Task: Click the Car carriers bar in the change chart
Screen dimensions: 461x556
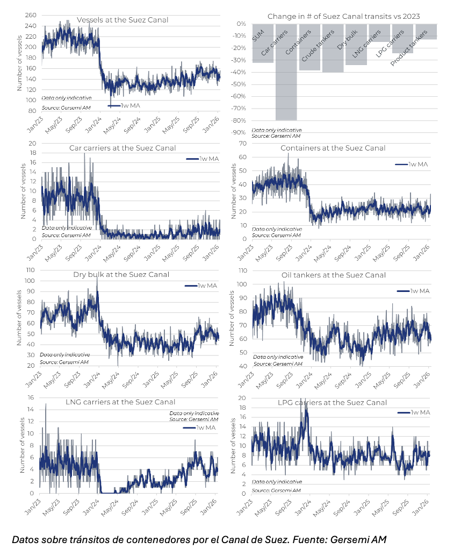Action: tap(286, 72)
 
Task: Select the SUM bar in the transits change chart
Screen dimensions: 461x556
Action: tap(263, 43)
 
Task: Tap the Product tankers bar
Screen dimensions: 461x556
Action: tap(426, 32)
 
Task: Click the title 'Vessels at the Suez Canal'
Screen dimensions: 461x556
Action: tap(123, 20)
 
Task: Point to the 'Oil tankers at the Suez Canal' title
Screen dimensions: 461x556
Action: tap(334, 275)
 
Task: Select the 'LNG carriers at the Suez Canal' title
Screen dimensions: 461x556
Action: tap(120, 402)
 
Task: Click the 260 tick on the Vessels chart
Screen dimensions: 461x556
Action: tap(31, 15)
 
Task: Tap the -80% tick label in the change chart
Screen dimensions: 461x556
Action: tap(239, 120)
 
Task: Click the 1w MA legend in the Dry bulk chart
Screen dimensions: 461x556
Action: tap(201, 286)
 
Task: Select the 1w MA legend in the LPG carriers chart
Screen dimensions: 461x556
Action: tap(414, 412)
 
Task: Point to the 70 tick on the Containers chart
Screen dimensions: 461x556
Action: tap(243, 143)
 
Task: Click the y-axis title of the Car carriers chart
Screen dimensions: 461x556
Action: tap(24, 191)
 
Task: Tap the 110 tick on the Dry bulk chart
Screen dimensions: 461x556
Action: tap(31, 270)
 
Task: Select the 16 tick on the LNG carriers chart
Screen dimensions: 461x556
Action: tap(31, 397)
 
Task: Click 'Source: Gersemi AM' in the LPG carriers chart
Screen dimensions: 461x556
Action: tap(276, 490)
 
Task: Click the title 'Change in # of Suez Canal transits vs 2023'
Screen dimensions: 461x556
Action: tap(344, 16)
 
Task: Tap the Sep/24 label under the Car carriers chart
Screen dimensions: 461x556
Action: tap(132, 253)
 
